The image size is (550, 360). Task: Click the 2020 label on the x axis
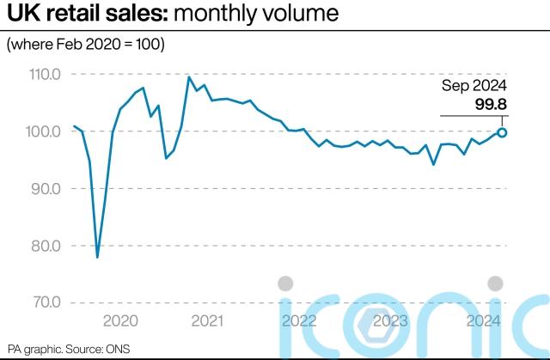click(119, 321)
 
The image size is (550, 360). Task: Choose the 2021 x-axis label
click(207, 321)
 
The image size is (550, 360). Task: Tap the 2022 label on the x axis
click(298, 321)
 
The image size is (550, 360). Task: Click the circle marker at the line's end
click(502, 132)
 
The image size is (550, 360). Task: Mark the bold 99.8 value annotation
click(491, 105)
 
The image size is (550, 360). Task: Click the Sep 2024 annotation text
click(475, 86)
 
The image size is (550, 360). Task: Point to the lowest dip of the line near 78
click(97, 256)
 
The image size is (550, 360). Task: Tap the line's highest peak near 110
click(189, 77)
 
